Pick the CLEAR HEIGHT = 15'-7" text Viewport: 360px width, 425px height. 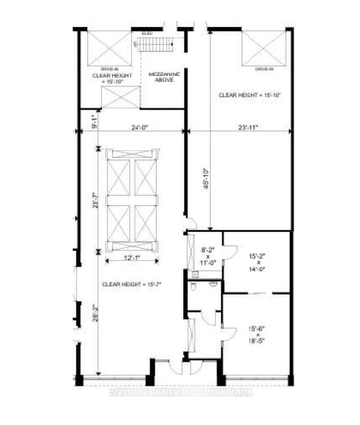click(132, 284)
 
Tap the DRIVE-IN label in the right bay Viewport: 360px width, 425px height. click(264, 69)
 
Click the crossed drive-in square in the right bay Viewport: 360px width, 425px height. click(264, 47)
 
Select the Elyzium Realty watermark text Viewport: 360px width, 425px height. click(180, 392)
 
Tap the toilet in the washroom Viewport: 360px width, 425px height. click(194, 287)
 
